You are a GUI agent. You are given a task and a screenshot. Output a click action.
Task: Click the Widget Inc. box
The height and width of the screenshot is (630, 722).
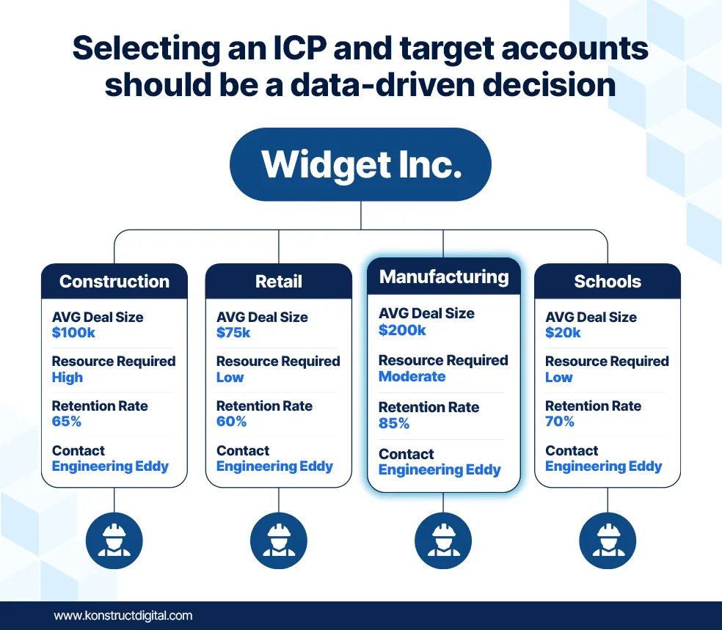pos(360,164)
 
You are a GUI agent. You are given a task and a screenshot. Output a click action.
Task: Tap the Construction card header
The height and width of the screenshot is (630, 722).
pos(114,281)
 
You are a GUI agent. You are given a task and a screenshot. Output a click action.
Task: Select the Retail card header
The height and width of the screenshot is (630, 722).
pos(279,281)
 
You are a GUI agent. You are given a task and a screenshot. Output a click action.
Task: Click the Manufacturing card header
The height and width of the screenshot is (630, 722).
pos(444,276)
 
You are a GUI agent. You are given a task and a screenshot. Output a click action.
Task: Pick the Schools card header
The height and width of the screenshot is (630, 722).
pos(608,281)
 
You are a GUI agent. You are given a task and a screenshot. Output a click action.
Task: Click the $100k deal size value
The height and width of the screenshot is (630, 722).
pos(73,332)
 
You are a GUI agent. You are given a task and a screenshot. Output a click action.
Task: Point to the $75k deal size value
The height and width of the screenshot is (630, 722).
pos(233,332)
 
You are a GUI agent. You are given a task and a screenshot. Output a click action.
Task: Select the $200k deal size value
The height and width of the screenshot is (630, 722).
pos(402,330)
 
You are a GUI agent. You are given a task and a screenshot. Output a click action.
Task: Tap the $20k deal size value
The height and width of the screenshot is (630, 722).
pos(563,332)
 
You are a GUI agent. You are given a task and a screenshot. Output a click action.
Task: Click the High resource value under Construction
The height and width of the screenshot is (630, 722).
pos(68,378)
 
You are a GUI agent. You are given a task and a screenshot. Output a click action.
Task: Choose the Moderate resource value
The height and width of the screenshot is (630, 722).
pos(412,376)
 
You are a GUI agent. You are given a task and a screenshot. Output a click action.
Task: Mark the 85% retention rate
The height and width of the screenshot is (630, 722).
pos(394,423)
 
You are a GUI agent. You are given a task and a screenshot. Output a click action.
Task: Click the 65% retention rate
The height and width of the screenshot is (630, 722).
pos(67,421)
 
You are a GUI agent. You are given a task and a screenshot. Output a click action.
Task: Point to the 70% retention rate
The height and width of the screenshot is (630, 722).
pos(560,421)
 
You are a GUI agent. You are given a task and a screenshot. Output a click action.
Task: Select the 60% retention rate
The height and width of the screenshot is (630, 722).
pos(232,421)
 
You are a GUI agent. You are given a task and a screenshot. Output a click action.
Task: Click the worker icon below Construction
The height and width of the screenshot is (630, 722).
pos(114,541)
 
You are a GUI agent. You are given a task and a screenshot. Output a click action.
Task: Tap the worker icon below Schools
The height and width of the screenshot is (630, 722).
pos(608,541)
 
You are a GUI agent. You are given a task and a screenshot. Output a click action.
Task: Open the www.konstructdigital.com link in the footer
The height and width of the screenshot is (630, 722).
pos(123,616)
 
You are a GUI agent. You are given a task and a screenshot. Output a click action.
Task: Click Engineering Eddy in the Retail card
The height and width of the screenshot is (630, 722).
pos(274,466)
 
